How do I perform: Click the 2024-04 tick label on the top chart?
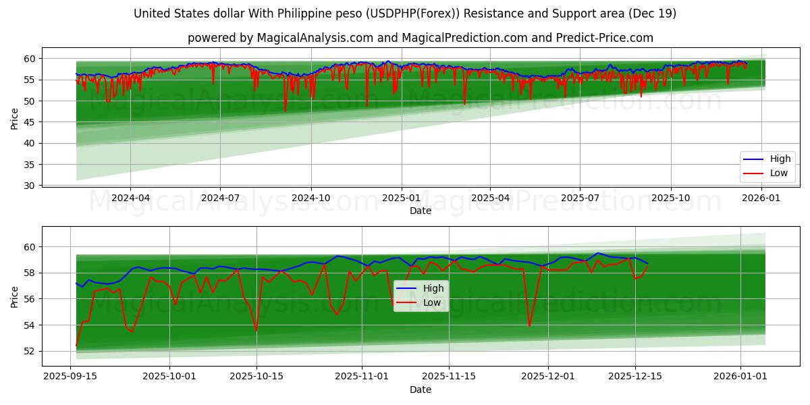(130, 198)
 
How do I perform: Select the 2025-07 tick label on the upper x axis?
(580, 198)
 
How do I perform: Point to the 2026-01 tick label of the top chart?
(761, 198)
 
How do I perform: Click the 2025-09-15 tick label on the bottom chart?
(71, 377)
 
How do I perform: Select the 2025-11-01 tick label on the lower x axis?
(362, 377)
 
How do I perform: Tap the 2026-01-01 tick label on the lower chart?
(740, 377)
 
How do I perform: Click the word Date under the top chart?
(420, 211)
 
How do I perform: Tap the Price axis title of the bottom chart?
(15, 296)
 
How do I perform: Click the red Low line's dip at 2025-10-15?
(256, 330)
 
